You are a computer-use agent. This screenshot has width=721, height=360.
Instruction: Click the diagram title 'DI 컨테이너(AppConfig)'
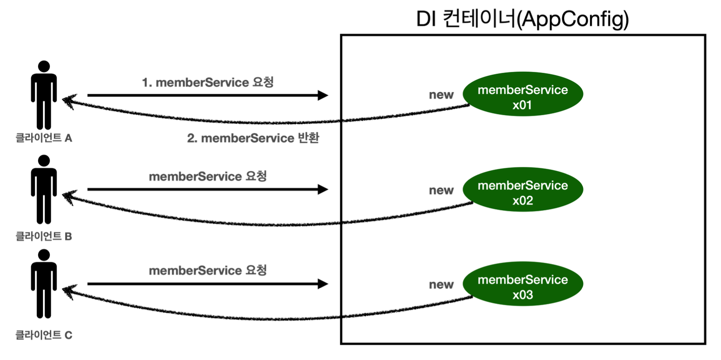(x=522, y=19)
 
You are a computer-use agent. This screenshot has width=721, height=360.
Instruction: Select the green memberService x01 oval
(x=523, y=94)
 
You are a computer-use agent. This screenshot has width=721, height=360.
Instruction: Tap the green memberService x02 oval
(x=523, y=190)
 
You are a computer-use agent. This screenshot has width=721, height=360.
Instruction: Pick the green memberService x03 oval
(x=523, y=284)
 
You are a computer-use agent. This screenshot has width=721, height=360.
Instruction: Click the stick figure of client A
(x=44, y=96)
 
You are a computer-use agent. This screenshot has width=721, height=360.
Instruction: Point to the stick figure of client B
(x=44, y=191)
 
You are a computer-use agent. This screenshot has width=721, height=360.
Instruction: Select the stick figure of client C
(x=44, y=285)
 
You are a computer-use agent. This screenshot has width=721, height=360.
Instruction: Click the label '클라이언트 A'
(x=44, y=138)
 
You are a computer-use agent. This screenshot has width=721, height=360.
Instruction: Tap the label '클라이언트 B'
(x=44, y=236)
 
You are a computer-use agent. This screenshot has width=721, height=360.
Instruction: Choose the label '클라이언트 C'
(x=44, y=335)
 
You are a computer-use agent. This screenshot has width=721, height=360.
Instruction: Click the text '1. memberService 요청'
(x=208, y=82)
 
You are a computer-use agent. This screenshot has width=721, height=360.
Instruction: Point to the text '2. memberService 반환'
(x=253, y=138)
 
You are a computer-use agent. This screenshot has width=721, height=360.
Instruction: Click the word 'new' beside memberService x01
(x=441, y=95)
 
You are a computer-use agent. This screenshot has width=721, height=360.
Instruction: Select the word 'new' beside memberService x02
(x=441, y=191)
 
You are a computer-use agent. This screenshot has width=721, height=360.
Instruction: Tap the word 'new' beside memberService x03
(x=441, y=285)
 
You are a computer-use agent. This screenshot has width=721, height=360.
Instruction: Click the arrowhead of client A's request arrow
(x=323, y=95)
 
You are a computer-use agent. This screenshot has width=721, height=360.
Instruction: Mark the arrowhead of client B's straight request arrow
(x=323, y=189)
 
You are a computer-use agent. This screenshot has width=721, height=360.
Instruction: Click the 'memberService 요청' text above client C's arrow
(x=208, y=271)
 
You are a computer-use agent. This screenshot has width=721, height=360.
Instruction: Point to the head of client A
(x=44, y=67)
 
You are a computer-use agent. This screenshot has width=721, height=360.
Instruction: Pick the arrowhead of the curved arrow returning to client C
(x=68, y=291)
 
